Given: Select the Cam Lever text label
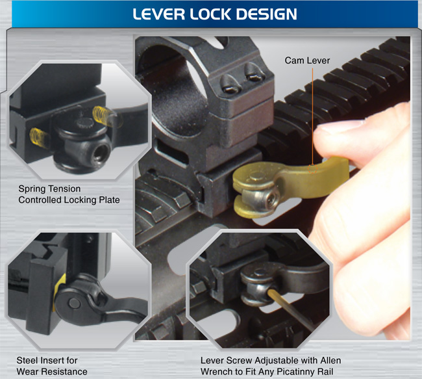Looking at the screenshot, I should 307,60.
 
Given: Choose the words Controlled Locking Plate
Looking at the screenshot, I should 69,200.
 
